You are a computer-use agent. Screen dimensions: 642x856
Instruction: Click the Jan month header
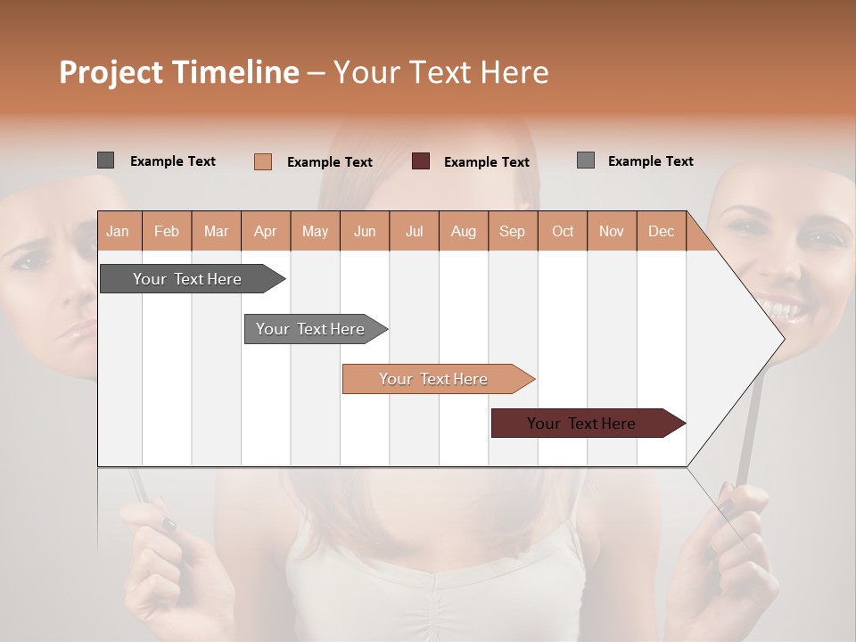[x=118, y=231]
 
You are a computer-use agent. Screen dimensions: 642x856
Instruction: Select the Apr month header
[x=266, y=231]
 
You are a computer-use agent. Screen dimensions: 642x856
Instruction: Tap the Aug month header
[x=464, y=231]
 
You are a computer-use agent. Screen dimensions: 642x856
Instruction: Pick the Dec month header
[x=661, y=231]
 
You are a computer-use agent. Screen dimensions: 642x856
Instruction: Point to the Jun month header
[x=365, y=231]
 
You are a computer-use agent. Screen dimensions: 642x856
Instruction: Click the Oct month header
[x=563, y=231]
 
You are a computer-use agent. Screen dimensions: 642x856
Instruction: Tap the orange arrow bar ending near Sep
[x=435, y=379]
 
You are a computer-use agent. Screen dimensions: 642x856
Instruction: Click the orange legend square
[x=262, y=161]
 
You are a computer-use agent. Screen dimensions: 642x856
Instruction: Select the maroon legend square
[x=421, y=161]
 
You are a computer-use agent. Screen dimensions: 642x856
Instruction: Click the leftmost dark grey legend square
[x=105, y=160]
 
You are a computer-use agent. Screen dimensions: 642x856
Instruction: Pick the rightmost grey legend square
[x=585, y=160]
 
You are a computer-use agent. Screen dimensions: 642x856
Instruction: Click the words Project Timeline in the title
[x=178, y=71]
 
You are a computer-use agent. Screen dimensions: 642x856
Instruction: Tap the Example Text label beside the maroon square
[x=486, y=162]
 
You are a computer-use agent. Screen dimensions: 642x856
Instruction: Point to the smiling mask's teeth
[x=785, y=310]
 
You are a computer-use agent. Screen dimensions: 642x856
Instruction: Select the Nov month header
[x=612, y=231]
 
